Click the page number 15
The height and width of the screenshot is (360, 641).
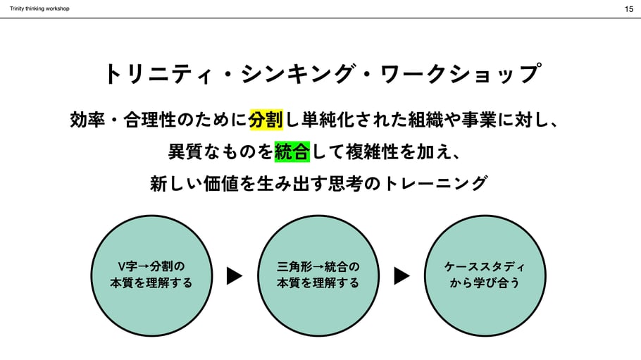pyautogui.click(x=628, y=9)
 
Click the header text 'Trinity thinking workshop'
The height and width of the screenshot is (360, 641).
pyautogui.click(x=39, y=8)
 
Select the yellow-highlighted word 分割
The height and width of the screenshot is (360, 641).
pyautogui.click(x=266, y=120)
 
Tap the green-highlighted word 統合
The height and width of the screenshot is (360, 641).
pyautogui.click(x=292, y=151)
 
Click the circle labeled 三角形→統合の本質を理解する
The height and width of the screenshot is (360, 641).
pyautogui.click(x=318, y=275)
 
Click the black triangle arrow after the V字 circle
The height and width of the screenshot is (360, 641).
pyautogui.click(x=235, y=275)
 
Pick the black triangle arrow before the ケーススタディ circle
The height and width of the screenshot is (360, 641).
pyautogui.click(x=402, y=275)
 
